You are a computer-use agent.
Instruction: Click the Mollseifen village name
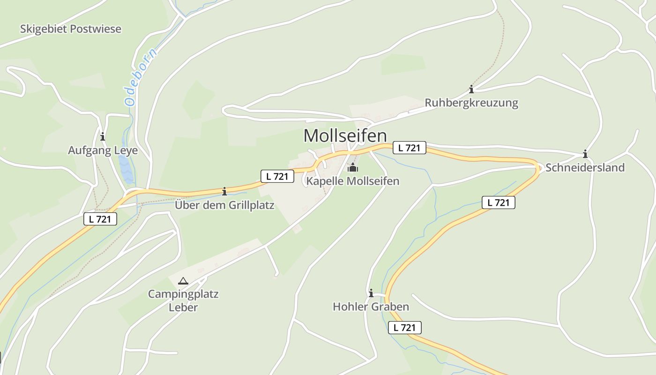coord(345,136)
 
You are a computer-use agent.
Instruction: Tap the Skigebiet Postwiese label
coord(70,29)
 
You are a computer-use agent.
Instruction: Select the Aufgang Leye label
coord(103,150)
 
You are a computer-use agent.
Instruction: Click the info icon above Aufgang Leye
coord(103,136)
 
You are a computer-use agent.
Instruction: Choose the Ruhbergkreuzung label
coord(471,103)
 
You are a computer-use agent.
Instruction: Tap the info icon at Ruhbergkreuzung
coord(471,89)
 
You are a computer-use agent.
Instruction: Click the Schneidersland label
coord(585,168)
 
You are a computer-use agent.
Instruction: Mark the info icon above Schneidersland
coord(585,154)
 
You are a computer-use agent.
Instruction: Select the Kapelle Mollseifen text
coord(352,181)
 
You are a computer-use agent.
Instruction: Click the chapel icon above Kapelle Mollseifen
coord(352,167)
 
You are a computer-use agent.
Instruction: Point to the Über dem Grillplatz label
coord(224,205)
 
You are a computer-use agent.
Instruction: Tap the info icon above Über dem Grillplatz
coord(224,191)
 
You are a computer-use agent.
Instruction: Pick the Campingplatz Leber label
coord(183,301)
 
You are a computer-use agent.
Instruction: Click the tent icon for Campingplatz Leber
coord(183,281)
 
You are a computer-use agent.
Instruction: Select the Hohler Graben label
coord(371,307)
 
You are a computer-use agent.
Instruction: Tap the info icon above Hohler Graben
coord(371,293)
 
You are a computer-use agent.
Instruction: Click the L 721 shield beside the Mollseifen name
coord(409,148)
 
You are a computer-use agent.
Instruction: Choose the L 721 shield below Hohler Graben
coord(405,328)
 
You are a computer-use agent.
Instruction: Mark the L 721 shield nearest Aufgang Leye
coord(100,218)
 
